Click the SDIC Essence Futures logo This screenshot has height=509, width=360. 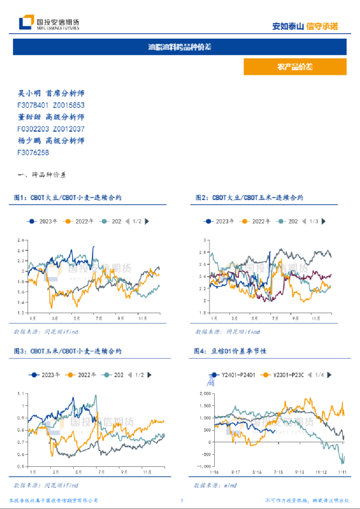tap(49, 23)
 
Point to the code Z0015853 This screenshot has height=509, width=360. tap(68, 105)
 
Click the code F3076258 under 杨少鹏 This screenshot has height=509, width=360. tap(33, 153)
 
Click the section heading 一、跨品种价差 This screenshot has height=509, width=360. tap(43, 175)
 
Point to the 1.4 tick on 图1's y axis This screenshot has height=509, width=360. tap(20, 302)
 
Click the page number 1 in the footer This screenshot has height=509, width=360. tap(182, 501)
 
